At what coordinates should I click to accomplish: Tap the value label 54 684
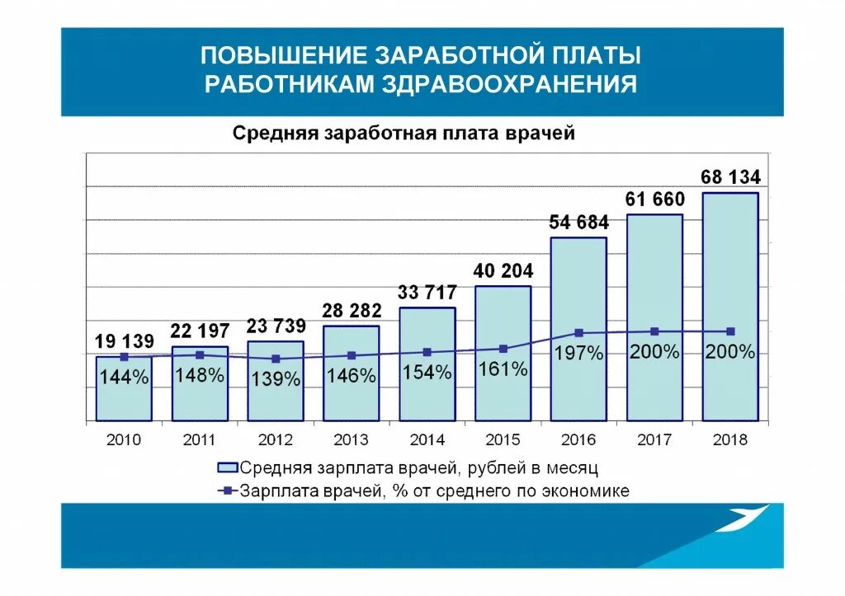point(578,223)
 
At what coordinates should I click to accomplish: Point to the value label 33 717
point(427,293)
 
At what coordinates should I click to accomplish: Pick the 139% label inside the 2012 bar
point(275,379)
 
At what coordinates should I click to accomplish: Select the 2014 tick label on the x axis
point(427,440)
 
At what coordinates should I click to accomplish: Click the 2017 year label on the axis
point(654,440)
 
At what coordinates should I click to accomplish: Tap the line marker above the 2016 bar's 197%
point(578,333)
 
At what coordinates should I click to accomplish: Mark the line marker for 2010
point(124,357)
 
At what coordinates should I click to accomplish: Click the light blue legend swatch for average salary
point(227,467)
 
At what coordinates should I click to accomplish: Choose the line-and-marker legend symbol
point(227,491)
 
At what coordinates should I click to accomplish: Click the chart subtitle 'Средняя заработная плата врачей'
point(403,134)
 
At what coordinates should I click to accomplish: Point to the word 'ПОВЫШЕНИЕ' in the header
point(284,56)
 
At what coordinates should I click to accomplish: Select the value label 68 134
point(730,177)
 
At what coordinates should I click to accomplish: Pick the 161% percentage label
point(503,369)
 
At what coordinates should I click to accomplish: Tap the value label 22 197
point(200,331)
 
